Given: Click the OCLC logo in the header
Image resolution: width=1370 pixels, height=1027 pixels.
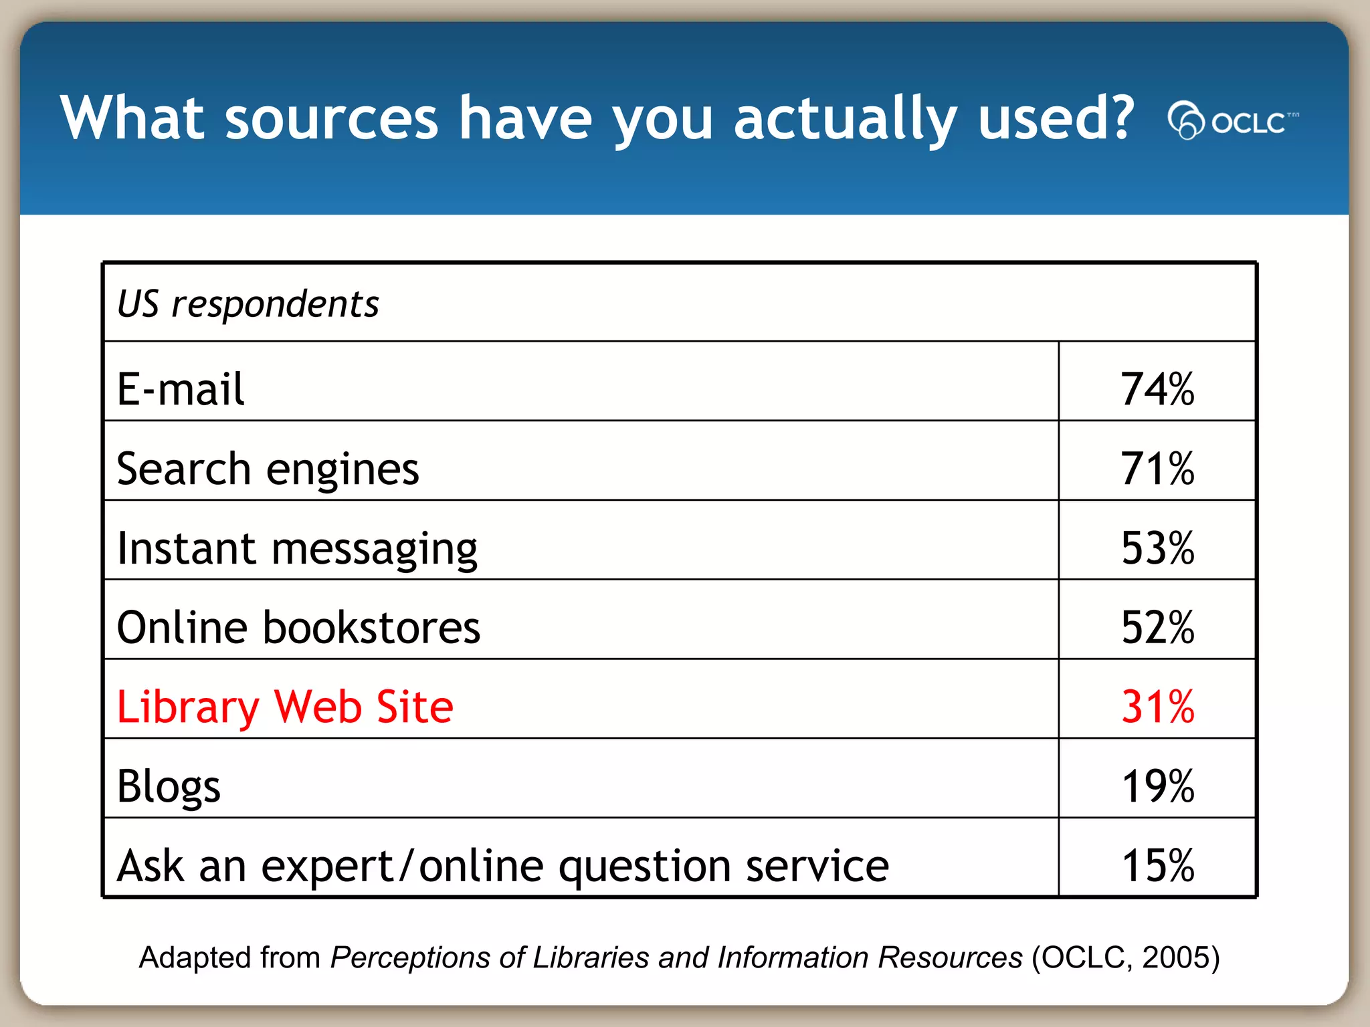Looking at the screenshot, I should pyautogui.click(x=1232, y=121).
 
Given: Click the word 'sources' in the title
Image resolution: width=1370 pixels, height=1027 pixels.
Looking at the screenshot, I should pyautogui.click(x=332, y=118).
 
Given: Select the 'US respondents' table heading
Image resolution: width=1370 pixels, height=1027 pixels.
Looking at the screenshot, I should pyautogui.click(x=248, y=304).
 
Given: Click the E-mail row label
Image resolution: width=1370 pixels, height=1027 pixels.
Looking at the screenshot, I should pyautogui.click(x=181, y=389).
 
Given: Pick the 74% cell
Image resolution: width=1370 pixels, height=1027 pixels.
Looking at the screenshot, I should pyautogui.click(x=1157, y=389).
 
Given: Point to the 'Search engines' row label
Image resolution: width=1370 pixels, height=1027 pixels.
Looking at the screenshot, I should pyautogui.click(x=268, y=469).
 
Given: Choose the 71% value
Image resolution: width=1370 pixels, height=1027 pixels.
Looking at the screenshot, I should pyautogui.click(x=1157, y=469).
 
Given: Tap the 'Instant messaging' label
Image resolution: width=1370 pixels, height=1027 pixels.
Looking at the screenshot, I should pyautogui.click(x=297, y=548).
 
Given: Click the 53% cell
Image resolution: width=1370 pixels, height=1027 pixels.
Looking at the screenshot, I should pyautogui.click(x=1157, y=548).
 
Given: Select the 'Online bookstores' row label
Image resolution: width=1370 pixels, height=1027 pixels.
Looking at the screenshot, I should pyautogui.click(x=298, y=628).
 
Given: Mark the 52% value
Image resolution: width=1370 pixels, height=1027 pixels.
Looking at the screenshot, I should pyautogui.click(x=1157, y=628).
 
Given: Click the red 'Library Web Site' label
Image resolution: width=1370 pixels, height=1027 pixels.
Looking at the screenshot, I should pyautogui.click(x=285, y=707).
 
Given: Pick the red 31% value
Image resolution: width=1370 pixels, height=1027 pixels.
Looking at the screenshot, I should pyautogui.click(x=1157, y=707).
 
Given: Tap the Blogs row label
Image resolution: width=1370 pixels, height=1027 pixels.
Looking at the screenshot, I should pyautogui.click(x=169, y=786).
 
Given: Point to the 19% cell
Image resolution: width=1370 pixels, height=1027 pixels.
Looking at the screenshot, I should pyautogui.click(x=1157, y=786).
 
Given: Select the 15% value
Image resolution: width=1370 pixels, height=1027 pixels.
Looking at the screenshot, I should pyautogui.click(x=1157, y=866).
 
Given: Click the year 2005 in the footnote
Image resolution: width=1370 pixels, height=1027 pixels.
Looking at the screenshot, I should pyautogui.click(x=1172, y=957).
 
